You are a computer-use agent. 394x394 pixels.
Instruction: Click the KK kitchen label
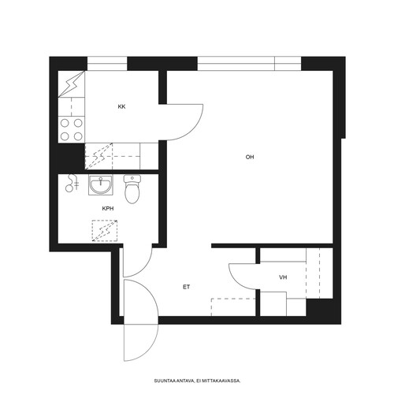coord(121,106)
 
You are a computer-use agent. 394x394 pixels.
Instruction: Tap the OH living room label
coord(250,157)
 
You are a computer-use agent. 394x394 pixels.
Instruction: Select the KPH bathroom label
coord(108,209)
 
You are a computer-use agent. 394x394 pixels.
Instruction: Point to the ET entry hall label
coord(186,287)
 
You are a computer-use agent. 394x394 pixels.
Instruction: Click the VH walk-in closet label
coord(283,277)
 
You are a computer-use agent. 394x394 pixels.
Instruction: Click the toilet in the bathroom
coord(132,189)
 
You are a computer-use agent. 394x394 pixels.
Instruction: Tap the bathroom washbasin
coord(101,185)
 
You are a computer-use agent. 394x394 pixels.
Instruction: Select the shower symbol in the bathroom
coord(72,183)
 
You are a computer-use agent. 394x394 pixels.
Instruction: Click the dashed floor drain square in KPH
coord(105,231)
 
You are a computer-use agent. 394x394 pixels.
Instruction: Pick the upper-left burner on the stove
coord(65,123)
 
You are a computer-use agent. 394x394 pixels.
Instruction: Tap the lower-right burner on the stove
coord(78,136)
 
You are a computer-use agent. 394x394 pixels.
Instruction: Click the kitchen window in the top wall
coord(107,64)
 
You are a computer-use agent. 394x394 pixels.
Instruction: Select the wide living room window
coord(249,64)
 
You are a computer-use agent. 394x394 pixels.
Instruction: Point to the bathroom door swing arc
coord(145,268)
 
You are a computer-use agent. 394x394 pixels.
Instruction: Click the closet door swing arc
coord(237,281)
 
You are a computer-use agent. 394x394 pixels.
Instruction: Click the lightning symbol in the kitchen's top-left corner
coord(72,84)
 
